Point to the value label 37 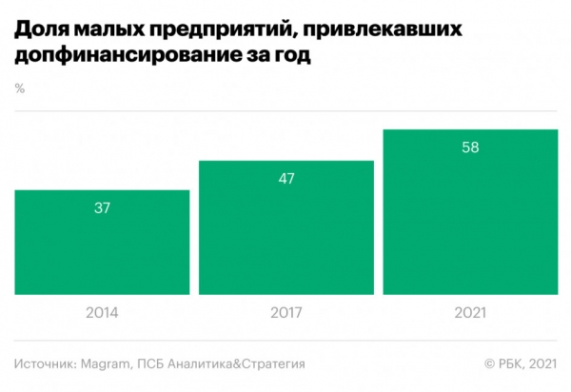pos(102,208)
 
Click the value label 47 pos(285,178)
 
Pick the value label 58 pos(469,147)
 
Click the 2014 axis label pos(102,311)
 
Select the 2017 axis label pos(285,311)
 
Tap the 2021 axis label pos(469,311)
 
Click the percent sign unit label pos(20,88)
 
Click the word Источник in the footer pos(49,363)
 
